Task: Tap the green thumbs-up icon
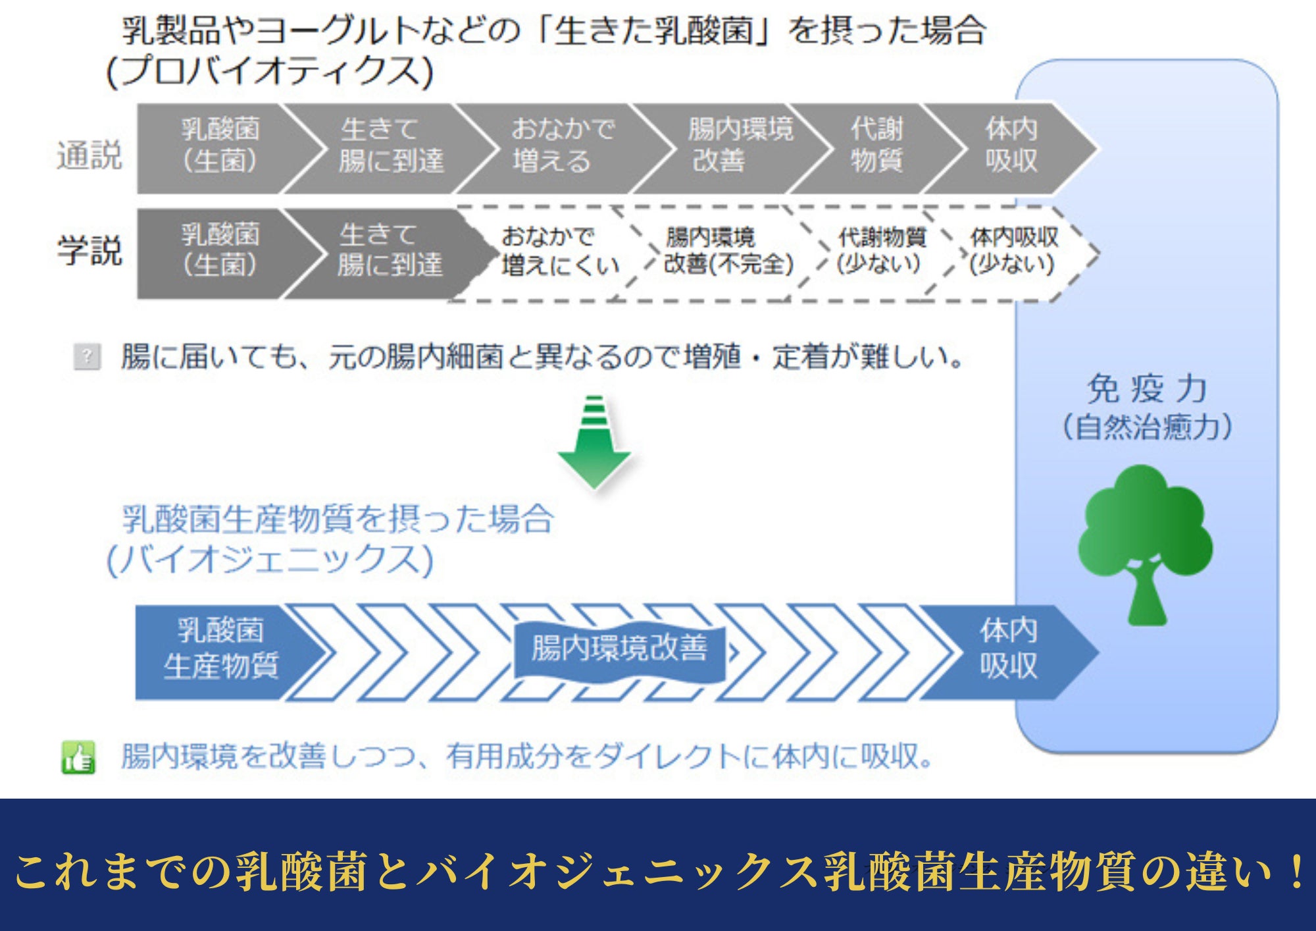[x=78, y=757]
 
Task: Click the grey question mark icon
[x=87, y=357]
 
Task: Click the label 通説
[x=89, y=155]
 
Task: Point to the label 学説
[x=89, y=251]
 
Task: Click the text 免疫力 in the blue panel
[x=1146, y=388]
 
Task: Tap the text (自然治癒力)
[x=1146, y=427]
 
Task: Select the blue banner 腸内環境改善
[x=619, y=649]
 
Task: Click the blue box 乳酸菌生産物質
[x=220, y=649]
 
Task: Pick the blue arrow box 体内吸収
[x=1008, y=649]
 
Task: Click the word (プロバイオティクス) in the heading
[x=270, y=71]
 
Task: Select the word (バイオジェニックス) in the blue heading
[x=270, y=560]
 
